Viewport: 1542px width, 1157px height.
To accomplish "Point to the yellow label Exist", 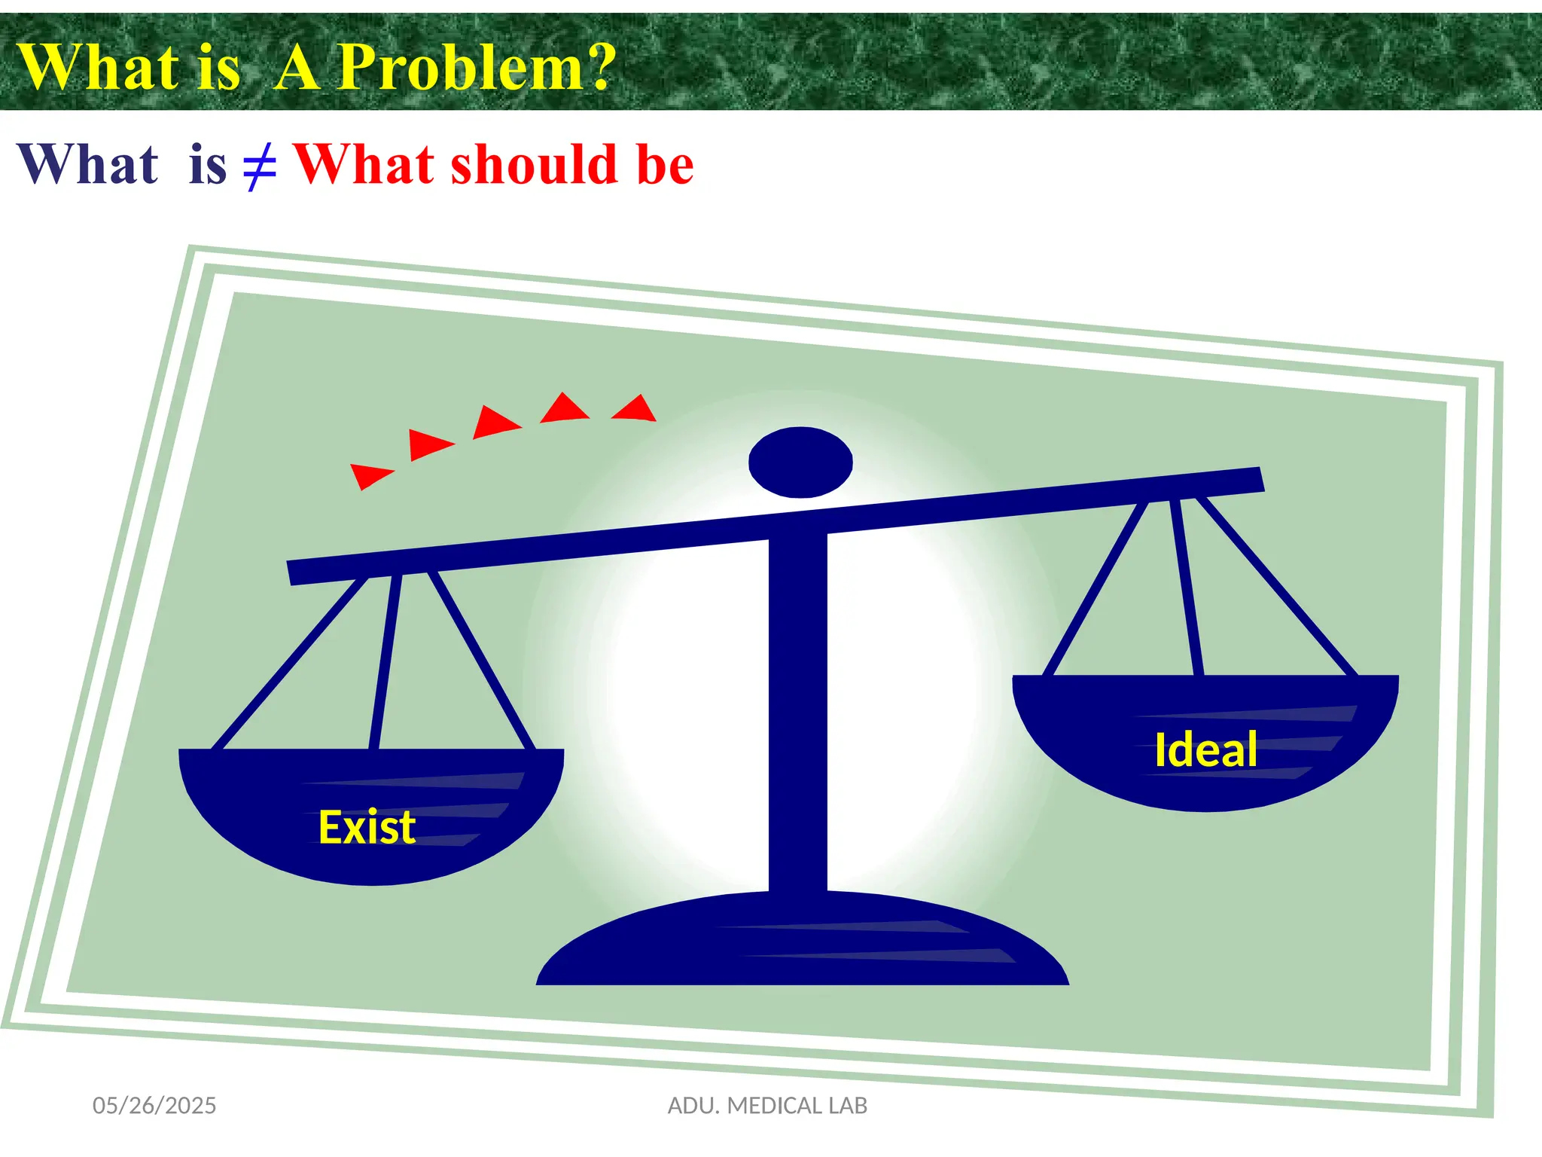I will click(367, 827).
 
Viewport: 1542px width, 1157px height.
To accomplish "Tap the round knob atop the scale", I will click(800, 462).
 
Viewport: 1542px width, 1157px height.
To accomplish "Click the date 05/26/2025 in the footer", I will click(154, 1105).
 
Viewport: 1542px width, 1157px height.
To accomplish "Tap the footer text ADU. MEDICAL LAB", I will click(767, 1105).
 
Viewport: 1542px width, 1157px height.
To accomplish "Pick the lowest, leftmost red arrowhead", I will click(369, 475).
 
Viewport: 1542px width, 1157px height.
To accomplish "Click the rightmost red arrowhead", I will click(635, 408).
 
